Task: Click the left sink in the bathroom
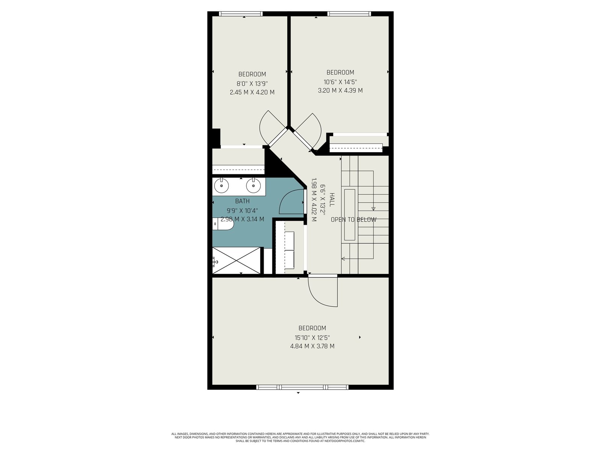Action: tap(221, 186)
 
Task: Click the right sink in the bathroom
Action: tap(254, 186)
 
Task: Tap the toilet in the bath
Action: tap(223, 225)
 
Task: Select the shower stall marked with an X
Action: tap(236, 260)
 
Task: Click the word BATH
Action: tap(242, 201)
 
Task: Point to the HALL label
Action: tap(332, 200)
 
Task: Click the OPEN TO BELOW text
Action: tap(353, 219)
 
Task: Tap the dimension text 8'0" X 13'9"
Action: tap(252, 83)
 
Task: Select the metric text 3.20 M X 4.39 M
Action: tap(340, 90)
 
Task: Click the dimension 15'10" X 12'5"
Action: tap(312, 337)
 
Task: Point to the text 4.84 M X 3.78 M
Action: tap(312, 346)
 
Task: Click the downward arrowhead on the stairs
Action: tap(373, 209)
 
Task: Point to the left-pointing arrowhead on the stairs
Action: tap(343, 259)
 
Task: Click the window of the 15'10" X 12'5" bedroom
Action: tap(302, 387)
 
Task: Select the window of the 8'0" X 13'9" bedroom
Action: tap(241, 14)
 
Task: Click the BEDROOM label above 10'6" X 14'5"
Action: tap(340, 73)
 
